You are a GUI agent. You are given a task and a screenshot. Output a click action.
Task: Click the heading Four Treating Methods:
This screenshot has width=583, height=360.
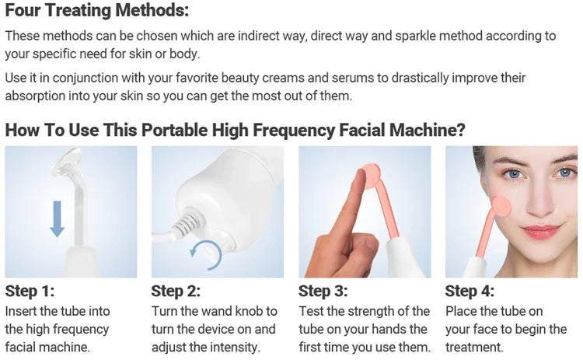(x=96, y=12)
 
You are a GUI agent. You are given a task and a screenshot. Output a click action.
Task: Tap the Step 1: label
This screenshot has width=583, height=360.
(x=30, y=292)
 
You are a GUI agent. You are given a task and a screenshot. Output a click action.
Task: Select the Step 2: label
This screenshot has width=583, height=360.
(x=176, y=292)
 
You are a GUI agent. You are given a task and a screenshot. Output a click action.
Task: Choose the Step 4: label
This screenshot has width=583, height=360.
(x=470, y=292)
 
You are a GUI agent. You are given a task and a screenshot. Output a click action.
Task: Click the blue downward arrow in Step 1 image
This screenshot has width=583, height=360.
(x=57, y=218)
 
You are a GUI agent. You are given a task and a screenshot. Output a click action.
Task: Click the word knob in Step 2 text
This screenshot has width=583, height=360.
(x=251, y=311)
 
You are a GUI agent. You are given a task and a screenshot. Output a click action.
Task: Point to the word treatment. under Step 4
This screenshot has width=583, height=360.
(x=475, y=348)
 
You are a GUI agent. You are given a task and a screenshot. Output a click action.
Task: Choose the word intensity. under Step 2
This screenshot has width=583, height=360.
(x=234, y=348)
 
